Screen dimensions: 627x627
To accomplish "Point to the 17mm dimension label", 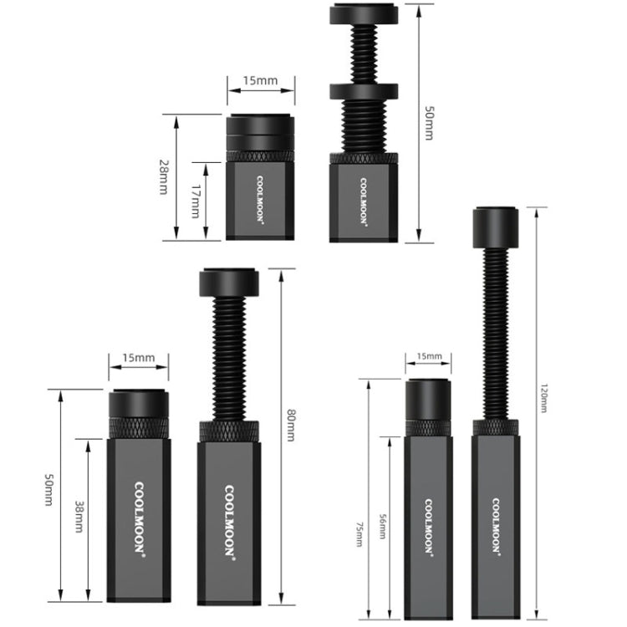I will (x=196, y=201).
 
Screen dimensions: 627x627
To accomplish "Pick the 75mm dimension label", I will (x=359, y=530).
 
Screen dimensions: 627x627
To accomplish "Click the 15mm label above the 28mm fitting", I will (x=260, y=81).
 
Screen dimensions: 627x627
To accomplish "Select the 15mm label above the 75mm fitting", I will (x=430, y=357).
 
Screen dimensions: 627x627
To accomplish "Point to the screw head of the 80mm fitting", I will (x=228, y=283).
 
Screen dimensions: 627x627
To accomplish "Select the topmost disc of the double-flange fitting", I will (x=364, y=14).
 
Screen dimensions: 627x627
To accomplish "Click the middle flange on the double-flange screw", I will (x=364, y=91).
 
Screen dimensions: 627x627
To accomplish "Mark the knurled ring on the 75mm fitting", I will (x=430, y=427).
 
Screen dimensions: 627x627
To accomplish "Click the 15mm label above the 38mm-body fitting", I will (x=139, y=358).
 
